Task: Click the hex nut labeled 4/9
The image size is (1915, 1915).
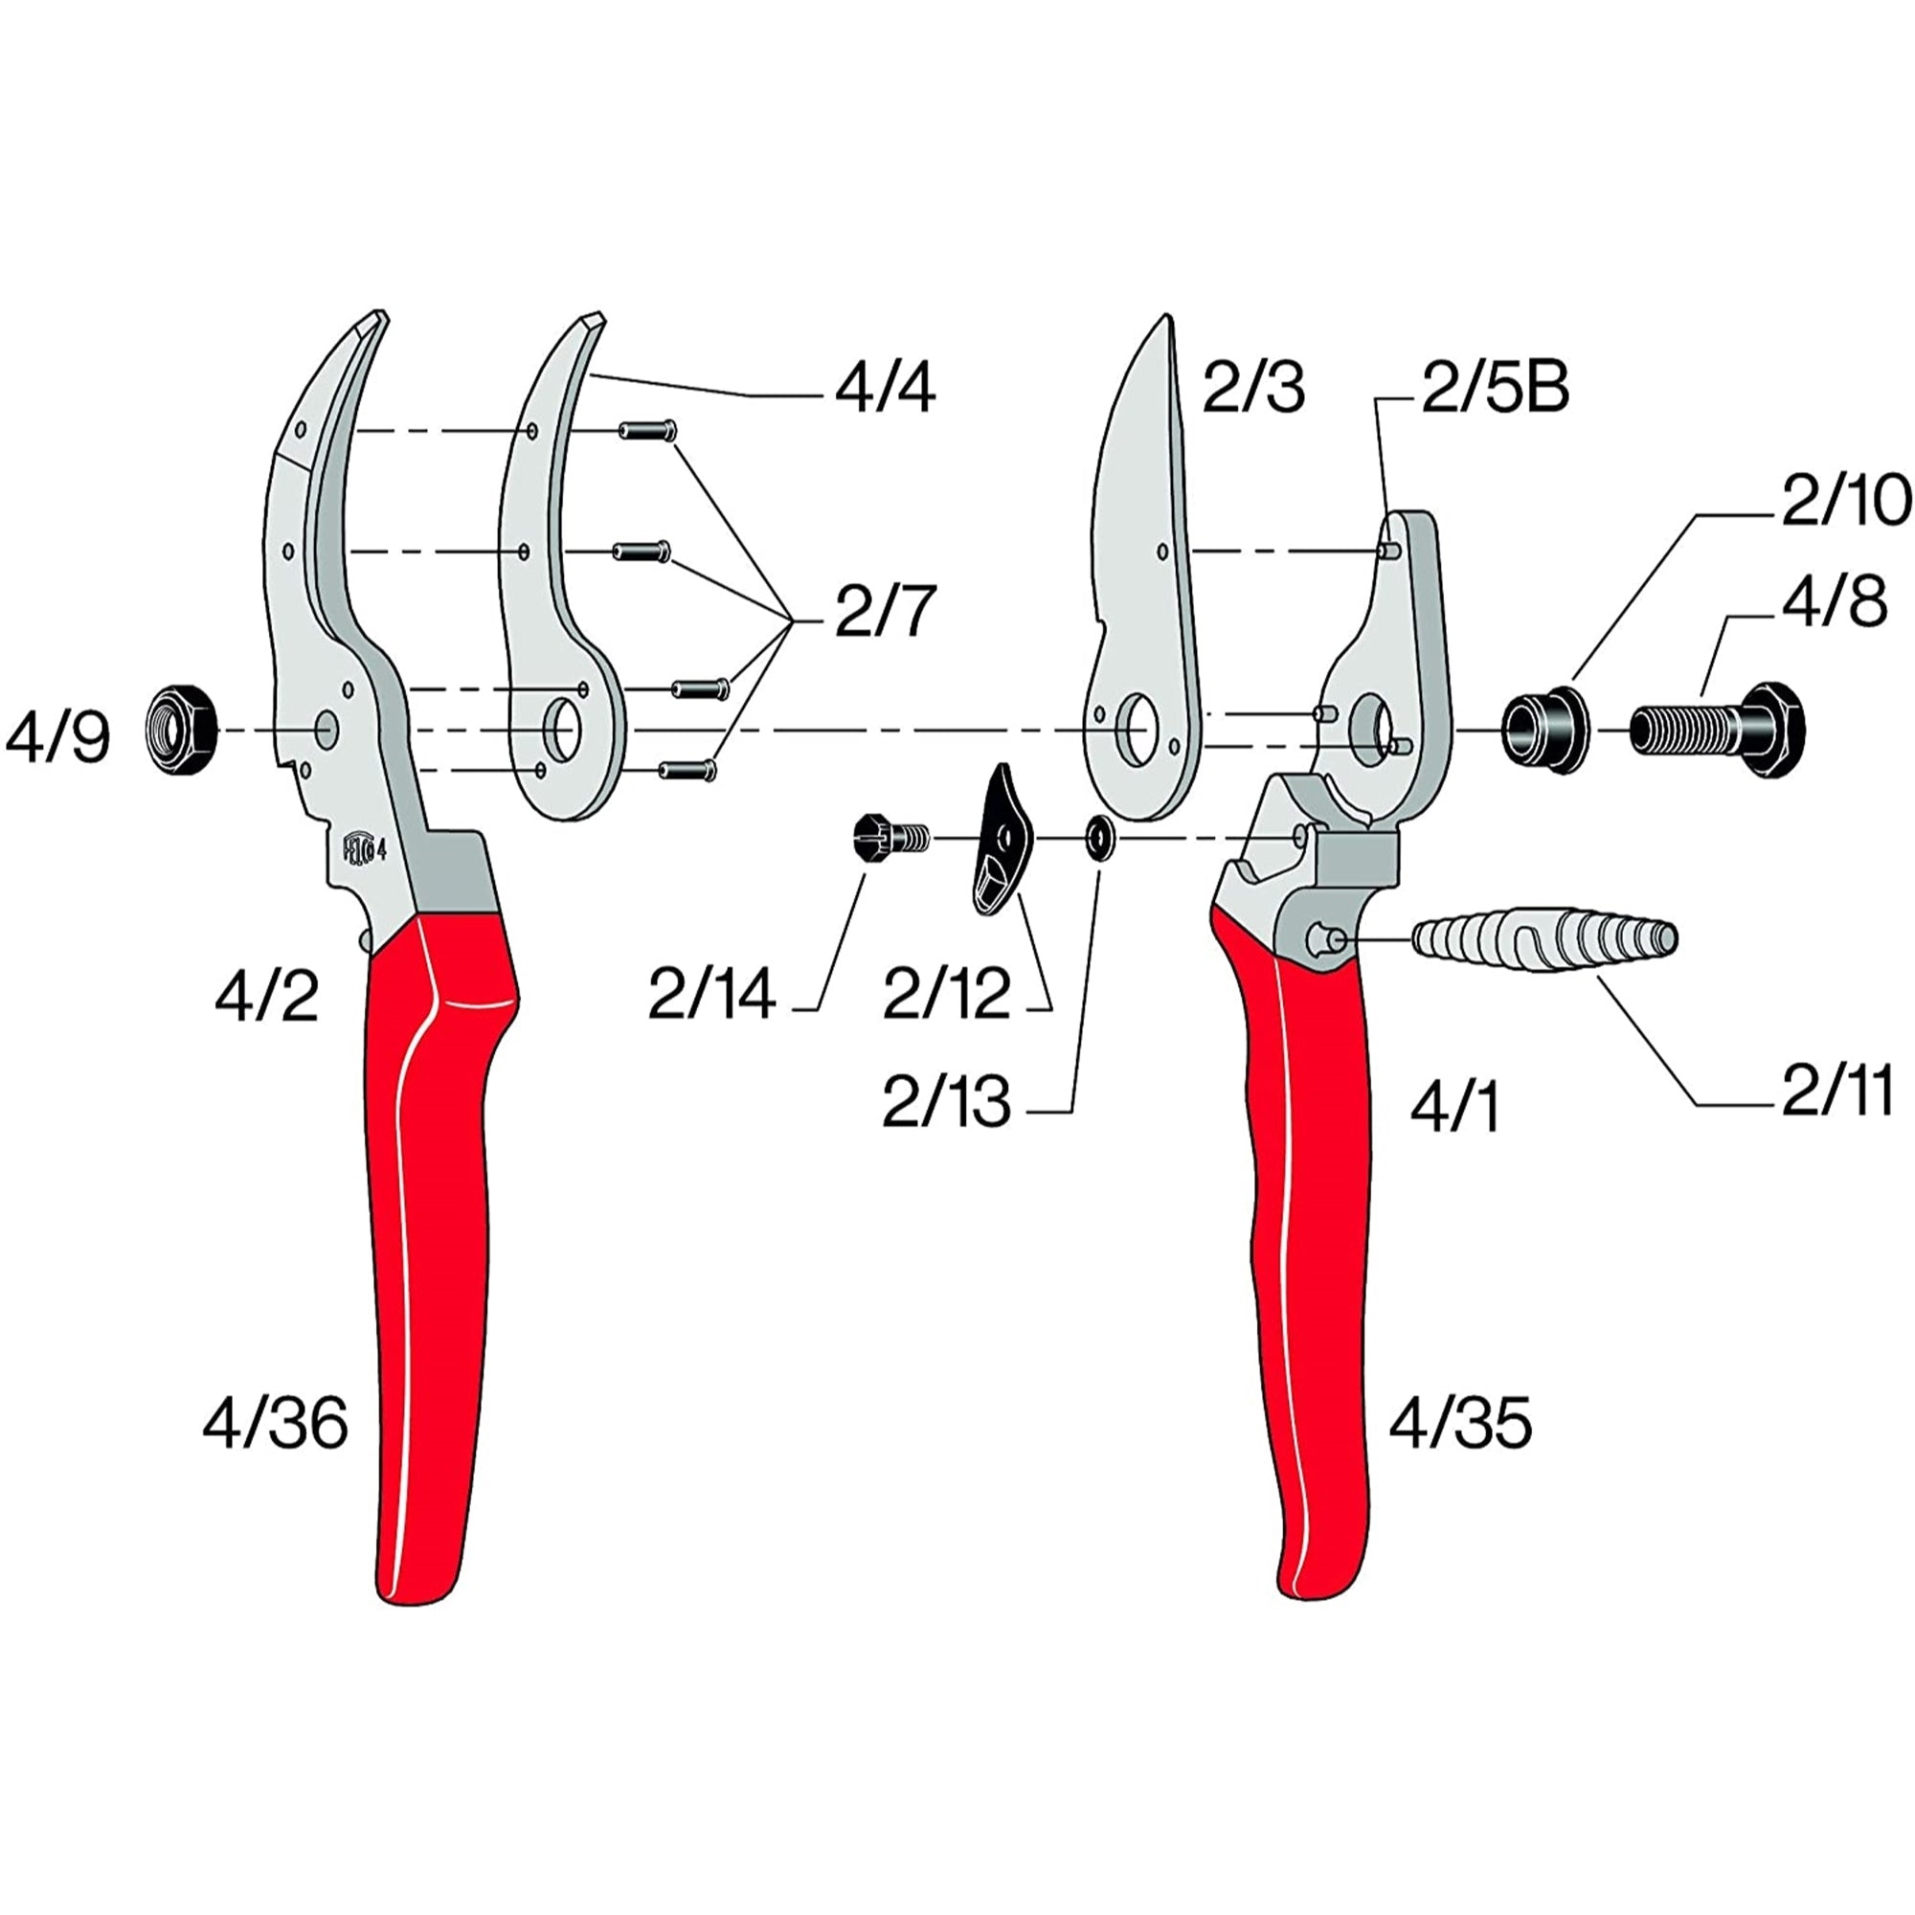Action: [x=182, y=731]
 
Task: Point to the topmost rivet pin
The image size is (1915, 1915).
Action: [x=648, y=430]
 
